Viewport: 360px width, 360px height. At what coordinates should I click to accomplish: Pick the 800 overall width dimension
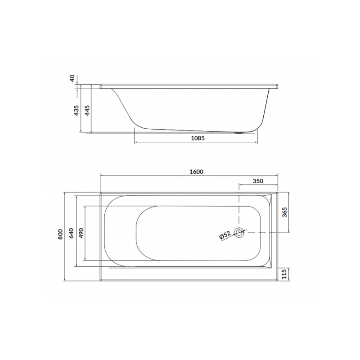[x=60, y=235]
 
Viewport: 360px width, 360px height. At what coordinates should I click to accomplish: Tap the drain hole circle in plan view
[x=239, y=233]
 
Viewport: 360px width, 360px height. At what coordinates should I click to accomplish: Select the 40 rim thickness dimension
[x=72, y=78]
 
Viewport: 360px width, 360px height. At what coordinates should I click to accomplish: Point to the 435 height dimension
[x=76, y=110]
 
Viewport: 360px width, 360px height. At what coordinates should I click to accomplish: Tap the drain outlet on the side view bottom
[x=239, y=132]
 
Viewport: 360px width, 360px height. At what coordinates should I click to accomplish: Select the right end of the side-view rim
[x=278, y=85]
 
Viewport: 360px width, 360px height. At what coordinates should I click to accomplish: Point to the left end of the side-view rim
[x=102, y=85]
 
